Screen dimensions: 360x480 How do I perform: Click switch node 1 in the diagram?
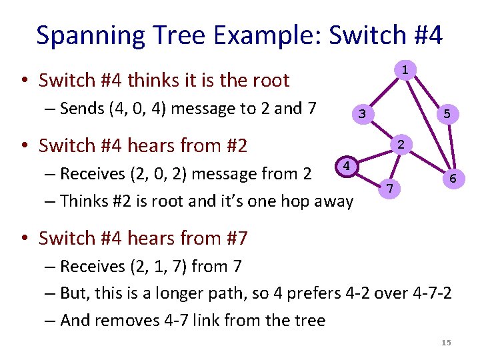405,70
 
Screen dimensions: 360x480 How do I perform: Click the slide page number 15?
446,343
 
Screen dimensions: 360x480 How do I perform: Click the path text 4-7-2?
431,293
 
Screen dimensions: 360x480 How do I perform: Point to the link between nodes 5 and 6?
451,147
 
